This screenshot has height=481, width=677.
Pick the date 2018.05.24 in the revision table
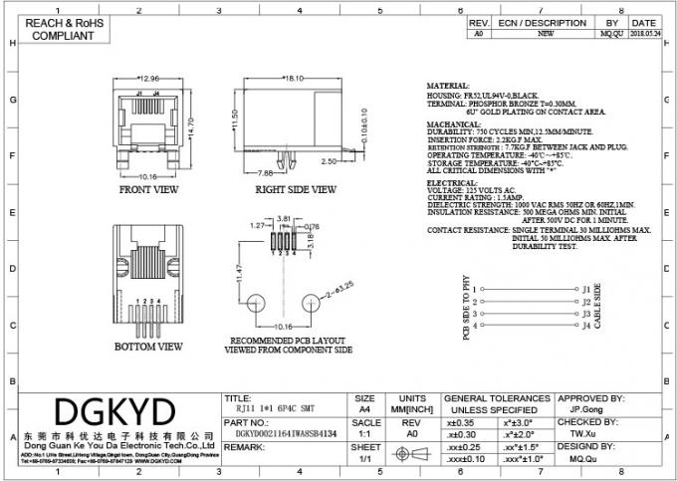click(643, 30)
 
